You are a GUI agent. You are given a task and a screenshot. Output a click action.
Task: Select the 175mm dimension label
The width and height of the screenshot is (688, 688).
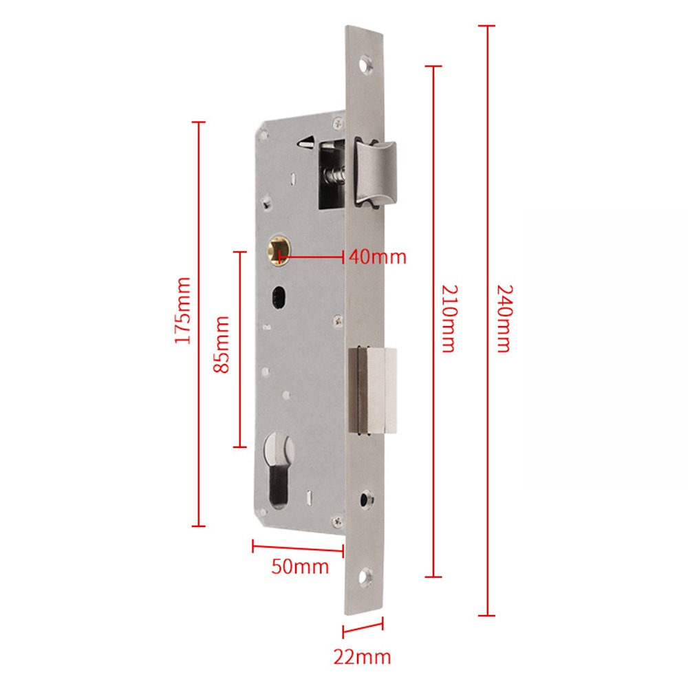click(x=183, y=311)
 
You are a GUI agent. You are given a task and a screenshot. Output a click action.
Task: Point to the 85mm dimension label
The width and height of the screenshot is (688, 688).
click(x=222, y=344)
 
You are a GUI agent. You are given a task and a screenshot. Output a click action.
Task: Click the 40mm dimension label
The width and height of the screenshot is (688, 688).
click(x=377, y=257)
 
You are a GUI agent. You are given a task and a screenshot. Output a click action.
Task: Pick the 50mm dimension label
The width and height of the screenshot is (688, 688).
click(x=300, y=567)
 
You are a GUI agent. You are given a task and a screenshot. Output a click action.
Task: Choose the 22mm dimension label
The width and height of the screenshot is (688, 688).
click(x=362, y=656)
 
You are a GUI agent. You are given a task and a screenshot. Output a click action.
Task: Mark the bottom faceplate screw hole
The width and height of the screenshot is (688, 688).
click(x=364, y=579)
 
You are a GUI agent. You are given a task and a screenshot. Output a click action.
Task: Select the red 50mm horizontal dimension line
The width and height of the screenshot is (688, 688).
click(x=297, y=548)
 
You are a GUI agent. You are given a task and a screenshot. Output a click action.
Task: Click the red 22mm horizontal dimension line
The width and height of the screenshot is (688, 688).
click(x=363, y=627)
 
